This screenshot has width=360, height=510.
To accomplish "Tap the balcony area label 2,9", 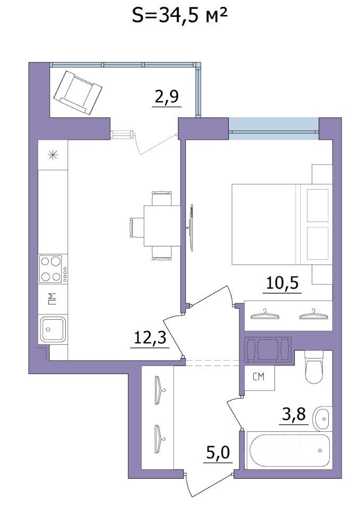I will pos(166,98).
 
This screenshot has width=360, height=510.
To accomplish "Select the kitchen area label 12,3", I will pos(149,338).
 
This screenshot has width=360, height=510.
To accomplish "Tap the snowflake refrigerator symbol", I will pos(53,155).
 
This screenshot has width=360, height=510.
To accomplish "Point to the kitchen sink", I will pos(52,329).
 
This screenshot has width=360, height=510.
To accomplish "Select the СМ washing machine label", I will pos(259,378).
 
